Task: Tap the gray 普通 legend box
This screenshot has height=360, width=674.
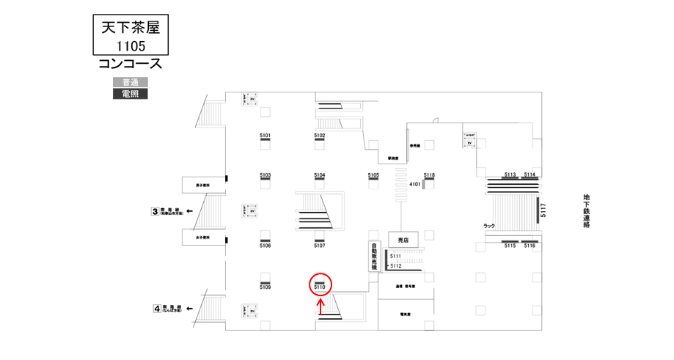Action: [131, 82]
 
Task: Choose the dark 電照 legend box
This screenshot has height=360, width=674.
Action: [131, 94]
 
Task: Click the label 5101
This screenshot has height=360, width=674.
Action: [265, 136]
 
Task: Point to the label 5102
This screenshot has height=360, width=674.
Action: [320, 136]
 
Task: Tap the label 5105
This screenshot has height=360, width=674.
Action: [373, 175]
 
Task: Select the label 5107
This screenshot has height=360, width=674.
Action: [320, 246]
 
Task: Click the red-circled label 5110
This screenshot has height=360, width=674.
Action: [320, 287]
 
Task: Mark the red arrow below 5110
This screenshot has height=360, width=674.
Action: [320, 306]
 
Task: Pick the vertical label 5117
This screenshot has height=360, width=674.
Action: [543, 211]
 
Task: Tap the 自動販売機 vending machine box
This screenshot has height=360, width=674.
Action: [373, 257]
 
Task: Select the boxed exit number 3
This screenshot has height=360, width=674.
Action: [155, 212]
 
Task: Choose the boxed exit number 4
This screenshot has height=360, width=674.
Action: [156, 309]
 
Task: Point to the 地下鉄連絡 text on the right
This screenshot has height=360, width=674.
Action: [586, 211]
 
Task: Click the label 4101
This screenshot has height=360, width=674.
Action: [414, 184]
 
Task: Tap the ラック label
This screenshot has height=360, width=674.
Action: [490, 226]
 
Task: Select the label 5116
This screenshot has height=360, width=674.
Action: [530, 246]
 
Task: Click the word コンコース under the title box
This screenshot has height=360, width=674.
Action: [130, 65]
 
